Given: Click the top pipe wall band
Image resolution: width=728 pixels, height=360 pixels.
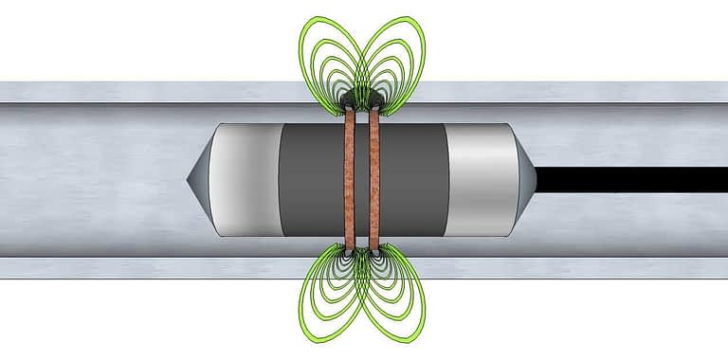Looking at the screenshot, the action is click(142, 92).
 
